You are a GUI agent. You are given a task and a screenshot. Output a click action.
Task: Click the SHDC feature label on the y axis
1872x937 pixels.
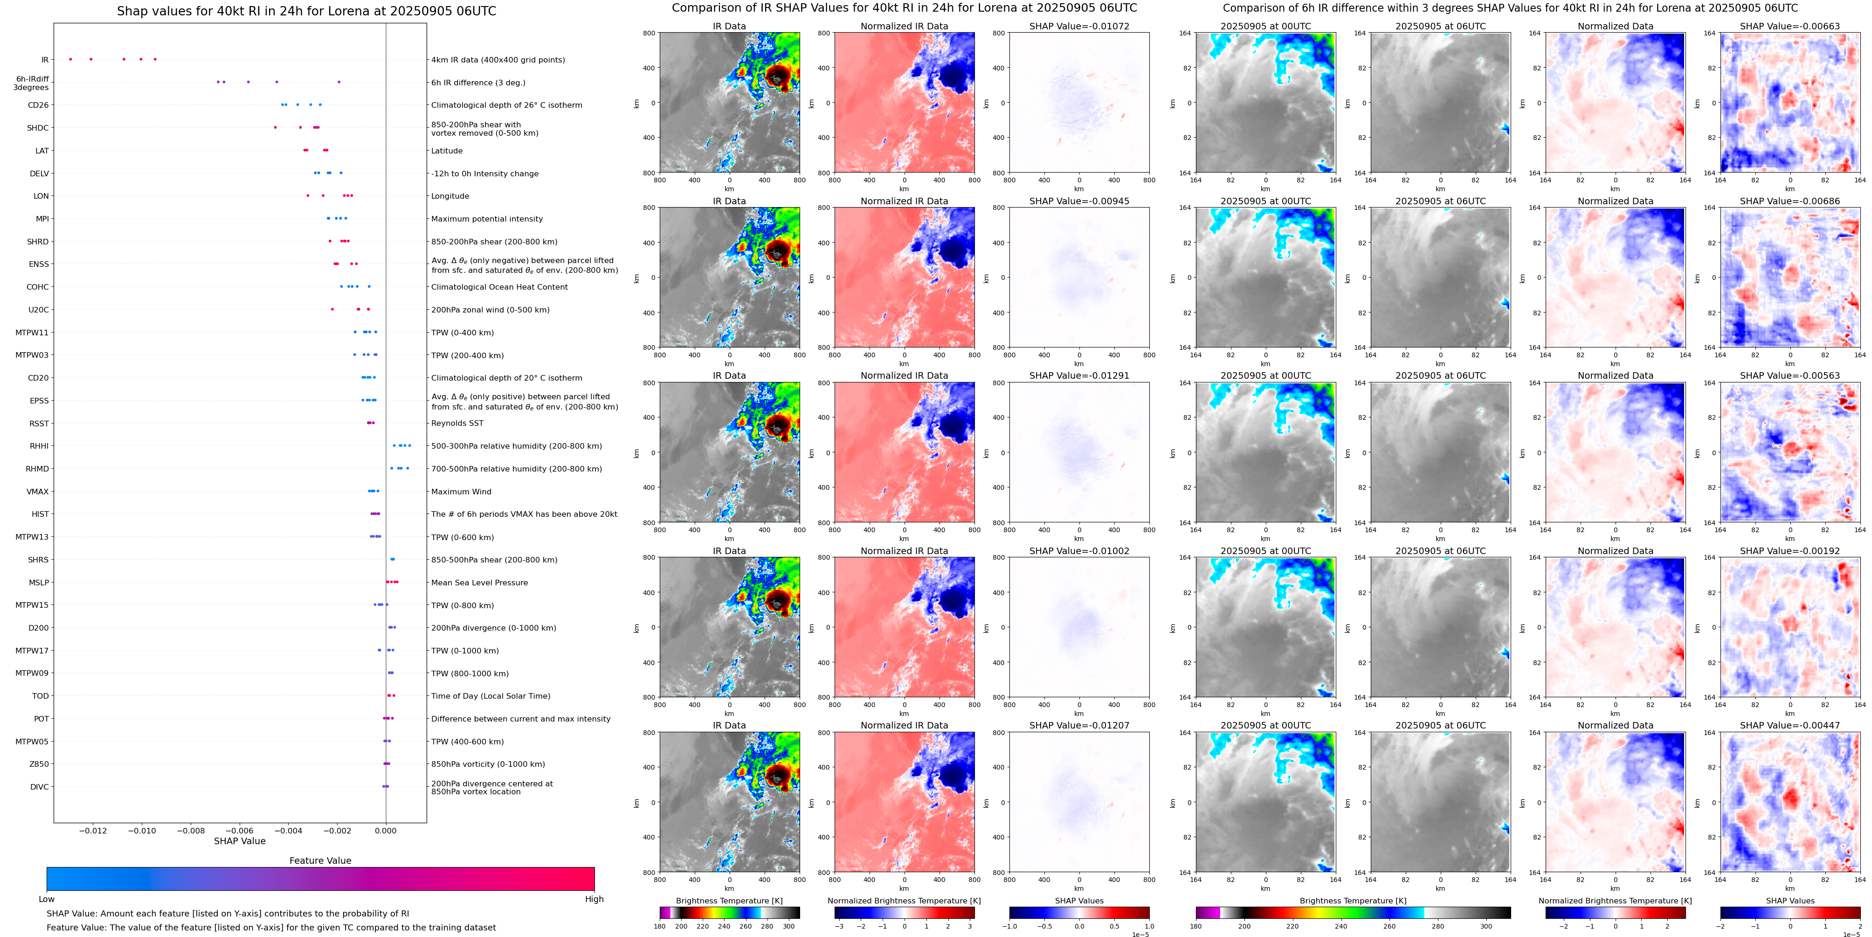(38, 128)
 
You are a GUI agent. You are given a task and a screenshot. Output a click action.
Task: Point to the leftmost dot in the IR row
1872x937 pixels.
(70, 59)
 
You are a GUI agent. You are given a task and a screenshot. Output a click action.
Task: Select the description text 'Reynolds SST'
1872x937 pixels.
(457, 423)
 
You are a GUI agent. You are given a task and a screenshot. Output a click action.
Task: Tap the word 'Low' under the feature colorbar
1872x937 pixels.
(47, 899)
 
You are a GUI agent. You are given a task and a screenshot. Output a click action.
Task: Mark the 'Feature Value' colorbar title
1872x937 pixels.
(320, 861)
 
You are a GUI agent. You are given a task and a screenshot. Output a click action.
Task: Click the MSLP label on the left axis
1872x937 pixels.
(39, 582)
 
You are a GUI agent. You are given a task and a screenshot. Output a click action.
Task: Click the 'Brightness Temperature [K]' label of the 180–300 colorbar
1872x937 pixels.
(729, 901)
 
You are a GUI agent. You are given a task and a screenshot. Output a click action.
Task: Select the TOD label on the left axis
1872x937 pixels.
(40, 696)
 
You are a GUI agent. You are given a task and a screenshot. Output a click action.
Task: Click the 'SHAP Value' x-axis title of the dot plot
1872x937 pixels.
(239, 841)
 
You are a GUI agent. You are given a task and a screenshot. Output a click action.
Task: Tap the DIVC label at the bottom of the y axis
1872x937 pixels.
(39, 786)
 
